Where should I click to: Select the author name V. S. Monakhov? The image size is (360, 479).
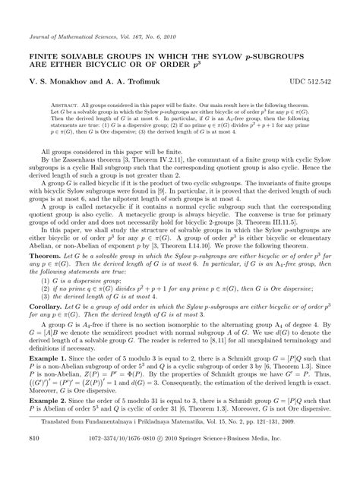click(x=65, y=80)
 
